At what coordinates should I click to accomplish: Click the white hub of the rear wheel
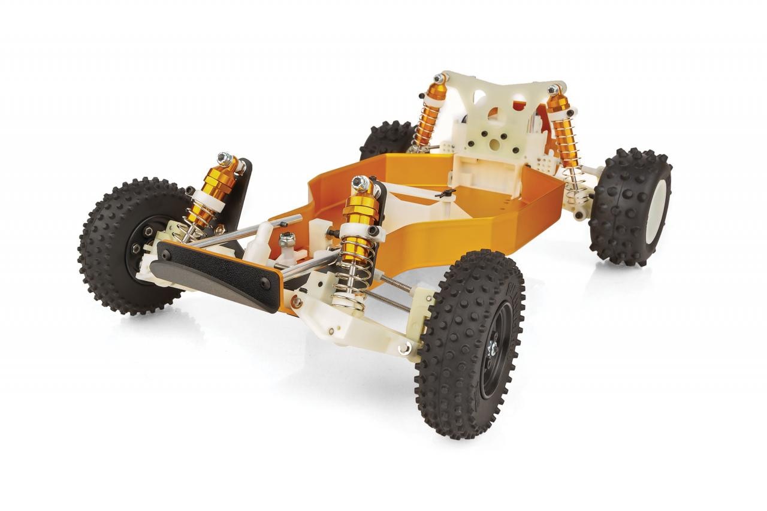659,207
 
